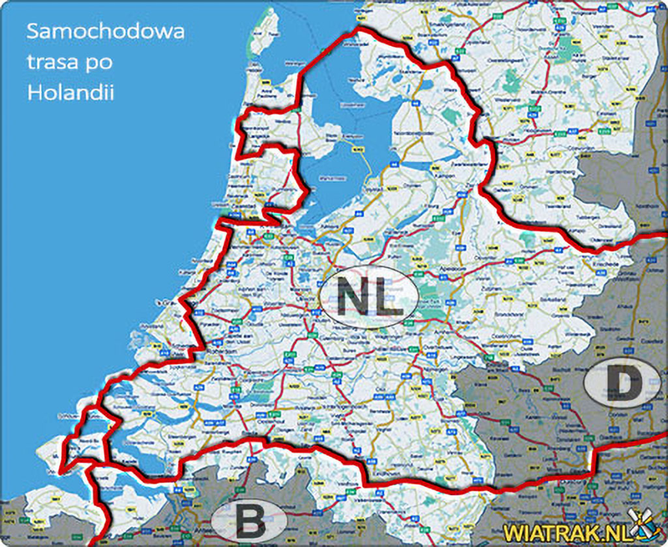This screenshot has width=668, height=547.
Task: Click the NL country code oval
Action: (367, 293)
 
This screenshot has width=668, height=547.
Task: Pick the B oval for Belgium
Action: (247, 521)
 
